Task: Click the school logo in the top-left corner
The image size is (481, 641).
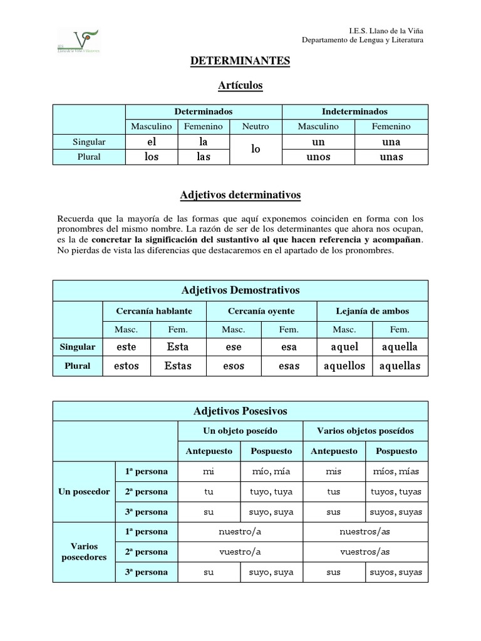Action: (x=79, y=41)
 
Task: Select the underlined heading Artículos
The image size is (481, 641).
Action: (x=240, y=85)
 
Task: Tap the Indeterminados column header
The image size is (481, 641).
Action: (x=354, y=111)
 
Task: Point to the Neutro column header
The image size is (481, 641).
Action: (x=256, y=126)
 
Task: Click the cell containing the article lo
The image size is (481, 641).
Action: (x=256, y=150)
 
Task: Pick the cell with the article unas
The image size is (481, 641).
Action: (x=391, y=157)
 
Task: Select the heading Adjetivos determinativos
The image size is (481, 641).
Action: (x=240, y=195)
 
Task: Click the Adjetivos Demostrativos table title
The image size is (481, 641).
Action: (x=240, y=290)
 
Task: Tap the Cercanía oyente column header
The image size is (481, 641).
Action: (x=261, y=311)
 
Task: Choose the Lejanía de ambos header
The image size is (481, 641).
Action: (x=372, y=311)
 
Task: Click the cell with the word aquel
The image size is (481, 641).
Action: (x=344, y=347)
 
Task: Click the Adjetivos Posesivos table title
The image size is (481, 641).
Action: (x=240, y=411)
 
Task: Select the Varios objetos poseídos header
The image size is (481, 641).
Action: (x=365, y=431)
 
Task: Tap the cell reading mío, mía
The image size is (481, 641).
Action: (x=272, y=471)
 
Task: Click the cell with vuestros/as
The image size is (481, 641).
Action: (x=365, y=552)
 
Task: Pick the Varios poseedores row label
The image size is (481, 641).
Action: (x=84, y=552)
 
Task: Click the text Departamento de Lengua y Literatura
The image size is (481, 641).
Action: (x=363, y=39)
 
